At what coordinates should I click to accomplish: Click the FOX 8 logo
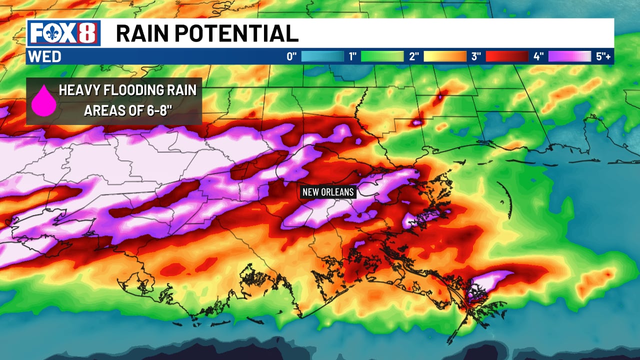[x=63, y=33]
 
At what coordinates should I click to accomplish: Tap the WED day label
[x=44, y=57]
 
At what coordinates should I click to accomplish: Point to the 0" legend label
[x=292, y=56]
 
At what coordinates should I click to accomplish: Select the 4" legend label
[x=538, y=56]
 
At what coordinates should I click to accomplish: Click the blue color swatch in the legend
[x=322, y=56]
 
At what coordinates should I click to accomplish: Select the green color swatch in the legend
[x=382, y=56]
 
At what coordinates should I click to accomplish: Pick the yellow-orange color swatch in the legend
[x=445, y=56]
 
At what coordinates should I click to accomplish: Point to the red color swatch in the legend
[x=507, y=56]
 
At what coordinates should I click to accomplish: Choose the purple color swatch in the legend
[x=569, y=56]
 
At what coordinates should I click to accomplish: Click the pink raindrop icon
[x=44, y=100]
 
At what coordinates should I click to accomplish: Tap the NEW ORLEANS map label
[x=328, y=192]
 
